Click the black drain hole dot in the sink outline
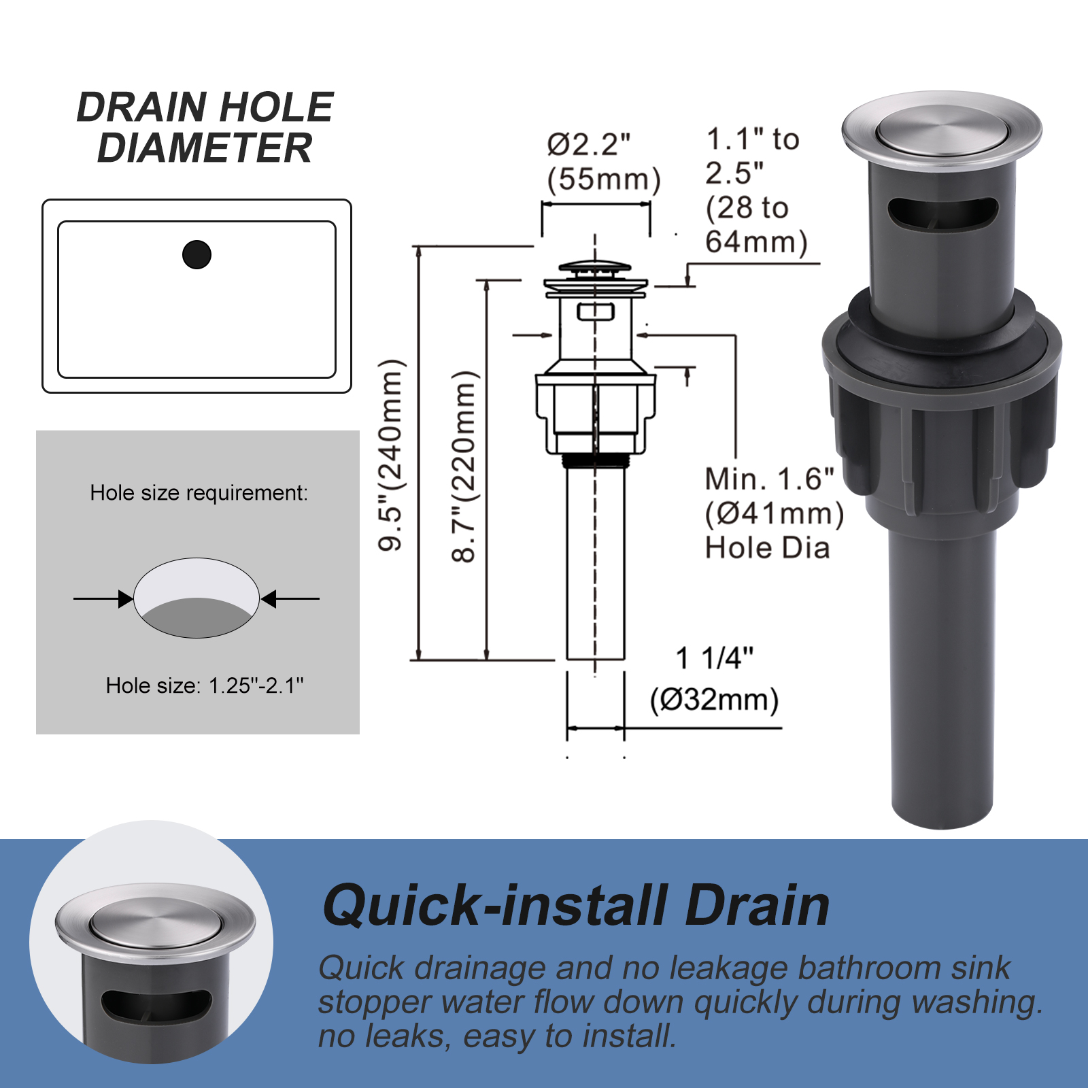(x=197, y=254)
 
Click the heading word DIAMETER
(x=205, y=148)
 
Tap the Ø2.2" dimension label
(x=589, y=143)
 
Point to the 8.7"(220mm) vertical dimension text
(x=465, y=466)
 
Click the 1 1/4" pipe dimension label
(x=715, y=658)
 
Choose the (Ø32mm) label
(x=715, y=700)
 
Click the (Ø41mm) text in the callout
(x=775, y=513)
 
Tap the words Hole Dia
(x=768, y=548)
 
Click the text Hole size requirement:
(x=199, y=492)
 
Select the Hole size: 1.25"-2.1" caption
(x=205, y=685)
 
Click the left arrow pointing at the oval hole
(x=103, y=598)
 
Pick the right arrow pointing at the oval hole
(x=290, y=598)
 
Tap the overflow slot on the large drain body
(x=942, y=214)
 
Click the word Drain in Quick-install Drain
(x=758, y=906)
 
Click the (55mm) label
(x=604, y=180)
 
